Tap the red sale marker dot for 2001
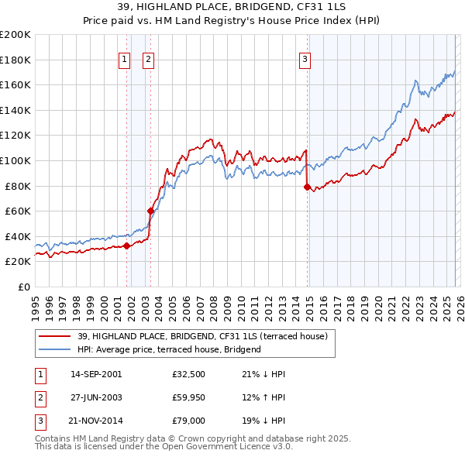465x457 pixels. point(126,246)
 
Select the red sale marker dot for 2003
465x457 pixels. point(150,211)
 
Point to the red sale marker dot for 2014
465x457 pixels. point(308,187)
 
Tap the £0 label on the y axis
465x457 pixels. point(23,287)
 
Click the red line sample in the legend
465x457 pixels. point(55,336)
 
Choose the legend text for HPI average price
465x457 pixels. point(169,349)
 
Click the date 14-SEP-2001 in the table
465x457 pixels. point(96,374)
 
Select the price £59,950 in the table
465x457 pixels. point(188,399)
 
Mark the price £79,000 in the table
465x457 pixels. point(188,424)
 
